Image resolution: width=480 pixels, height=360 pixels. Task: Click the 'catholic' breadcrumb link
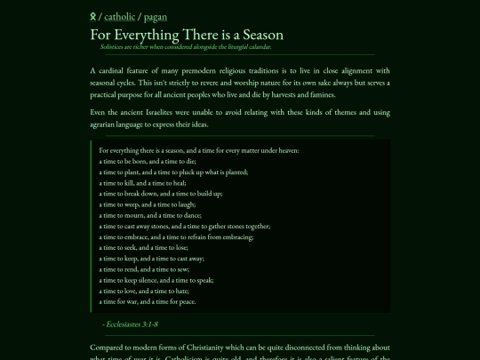tap(120, 16)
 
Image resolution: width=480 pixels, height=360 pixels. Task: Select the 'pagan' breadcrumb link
tap(155, 16)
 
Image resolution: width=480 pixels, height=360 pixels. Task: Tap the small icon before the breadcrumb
tap(93, 16)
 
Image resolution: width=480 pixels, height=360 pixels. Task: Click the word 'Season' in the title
tap(260, 35)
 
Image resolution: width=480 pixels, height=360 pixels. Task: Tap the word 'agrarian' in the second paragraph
tap(108, 124)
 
